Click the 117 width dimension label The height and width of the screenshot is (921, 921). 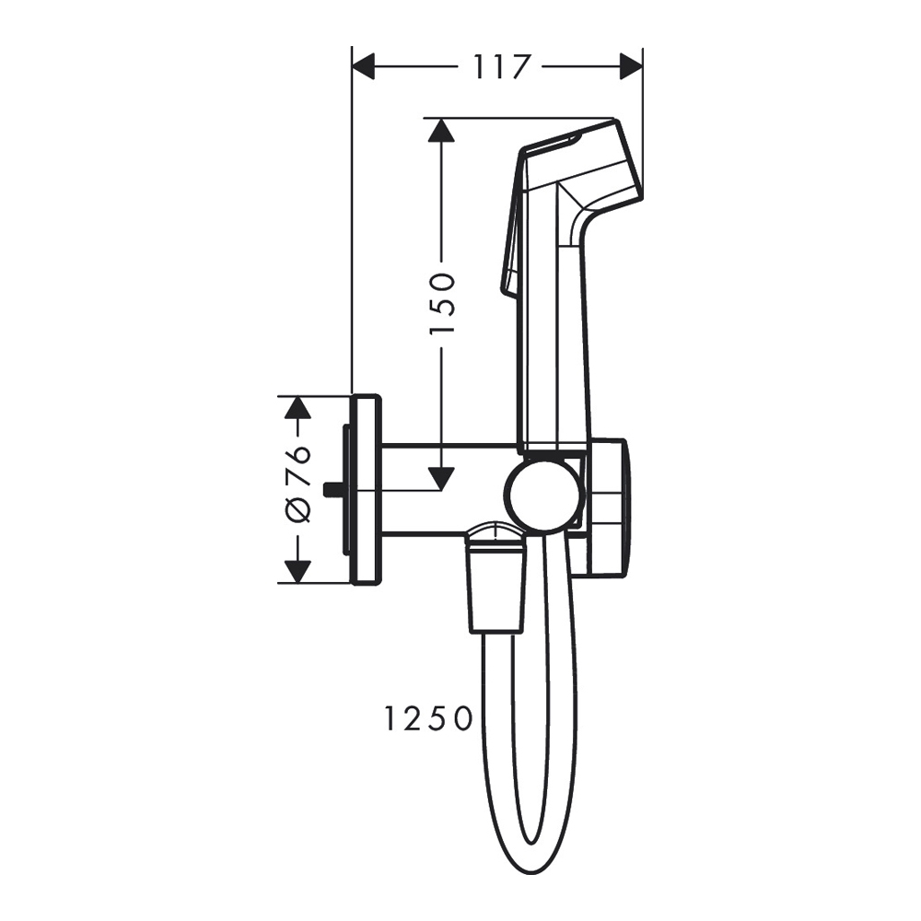click(x=503, y=67)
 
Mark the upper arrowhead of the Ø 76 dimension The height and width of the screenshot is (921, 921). click(x=296, y=408)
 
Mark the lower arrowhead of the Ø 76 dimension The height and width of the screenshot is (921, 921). click(x=296, y=571)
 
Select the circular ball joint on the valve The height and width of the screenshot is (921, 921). click(x=544, y=496)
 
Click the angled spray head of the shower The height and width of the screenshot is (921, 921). click(x=589, y=166)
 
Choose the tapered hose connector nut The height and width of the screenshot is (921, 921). click(x=496, y=589)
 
